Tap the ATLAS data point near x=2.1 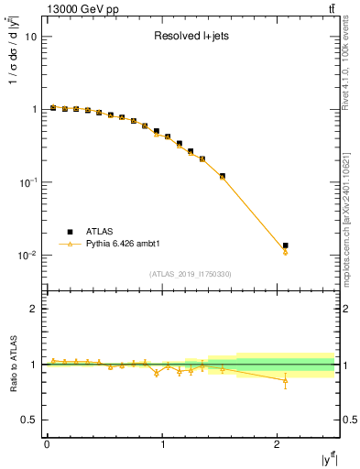pyautogui.click(x=286, y=245)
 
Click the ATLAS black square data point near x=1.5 pyautogui.click(x=222, y=176)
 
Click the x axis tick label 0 pyautogui.click(x=47, y=443)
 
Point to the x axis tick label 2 pyautogui.click(x=278, y=443)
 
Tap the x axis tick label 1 pyautogui.click(x=162, y=443)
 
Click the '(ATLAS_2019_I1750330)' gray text pyautogui.click(x=190, y=274)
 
